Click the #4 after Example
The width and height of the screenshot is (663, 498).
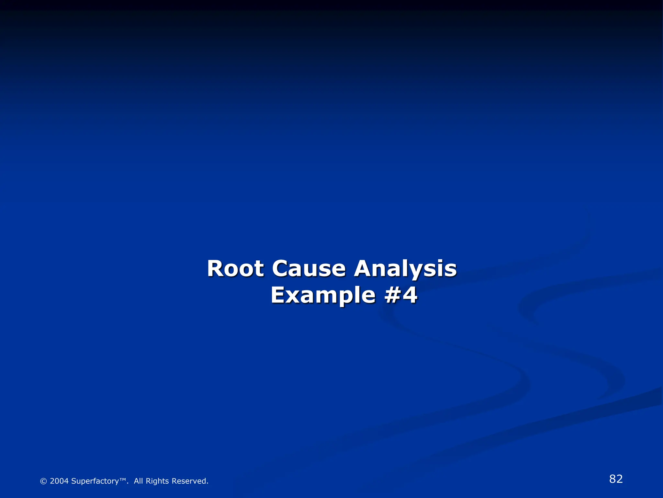coord(401,295)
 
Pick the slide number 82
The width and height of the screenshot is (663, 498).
coord(616,479)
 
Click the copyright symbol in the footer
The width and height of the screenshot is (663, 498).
coord(43,481)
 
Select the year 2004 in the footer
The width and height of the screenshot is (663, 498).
coord(59,481)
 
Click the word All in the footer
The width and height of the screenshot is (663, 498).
coord(138,481)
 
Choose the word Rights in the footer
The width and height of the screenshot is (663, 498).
coord(157,481)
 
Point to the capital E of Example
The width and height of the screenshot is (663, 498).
coord(278,295)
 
